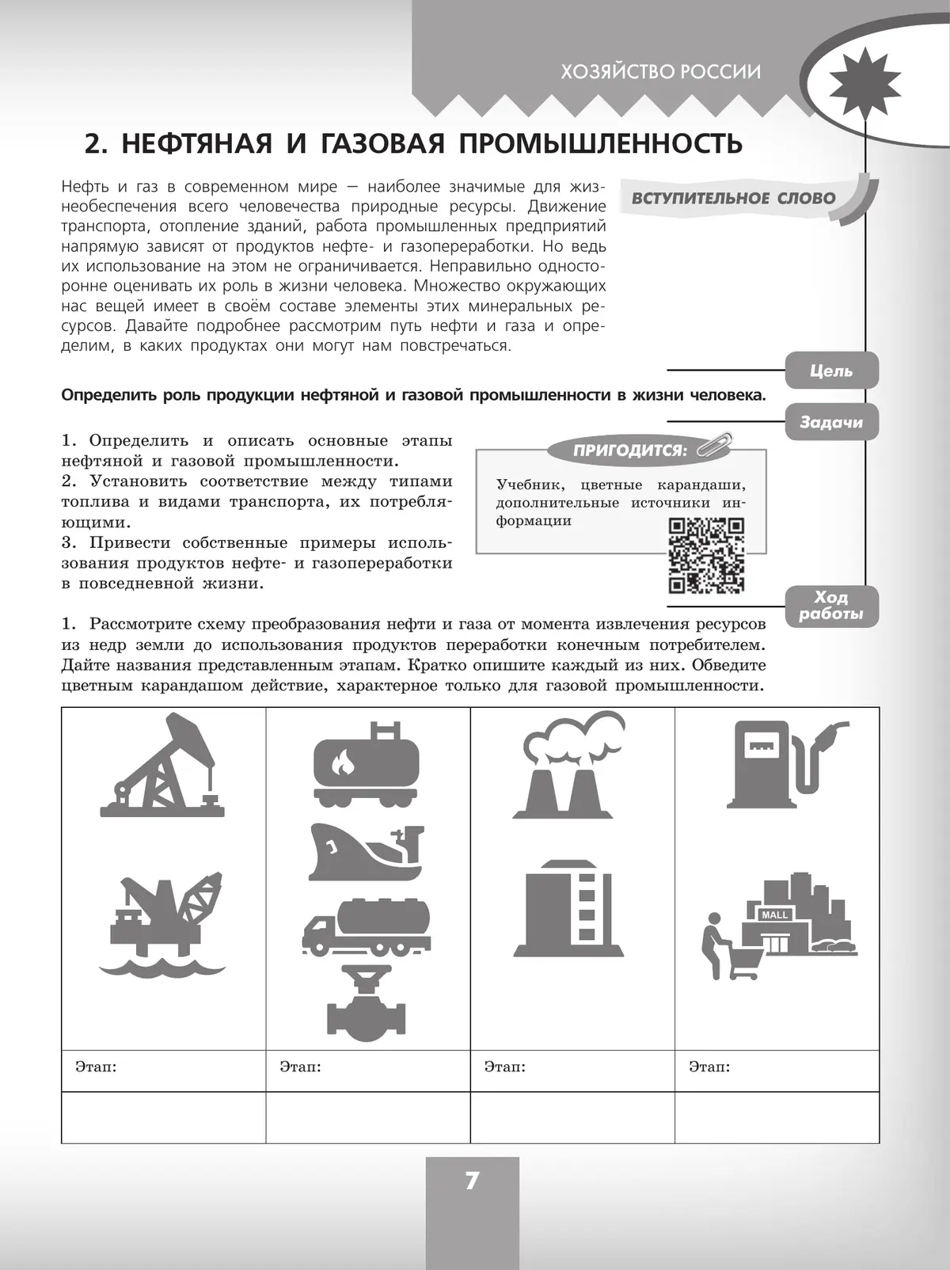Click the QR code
(706, 554)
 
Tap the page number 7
(472, 1181)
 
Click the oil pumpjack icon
(162, 766)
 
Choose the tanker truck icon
(367, 926)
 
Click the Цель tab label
(830, 371)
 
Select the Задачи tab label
(830, 422)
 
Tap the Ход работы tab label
(830, 606)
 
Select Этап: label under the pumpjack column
(96, 1067)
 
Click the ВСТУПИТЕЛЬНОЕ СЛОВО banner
(733, 198)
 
